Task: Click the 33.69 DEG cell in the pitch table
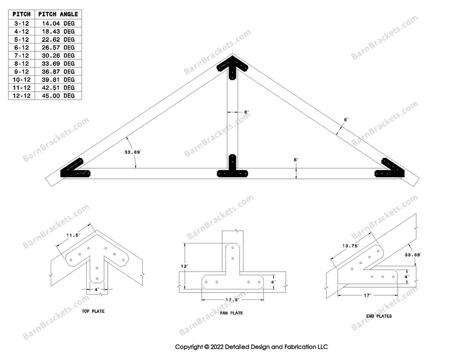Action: click(58, 63)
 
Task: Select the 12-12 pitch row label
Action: click(22, 96)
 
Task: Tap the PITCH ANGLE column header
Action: click(58, 14)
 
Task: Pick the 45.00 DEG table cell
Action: click(58, 96)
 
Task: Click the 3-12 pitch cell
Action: click(22, 23)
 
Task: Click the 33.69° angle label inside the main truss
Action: click(133, 152)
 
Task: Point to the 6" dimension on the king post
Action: click(246, 112)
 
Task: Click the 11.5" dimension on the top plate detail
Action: click(73, 235)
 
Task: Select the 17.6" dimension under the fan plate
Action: click(232, 299)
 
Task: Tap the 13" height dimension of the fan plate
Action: click(185, 266)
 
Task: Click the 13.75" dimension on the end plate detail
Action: click(351, 246)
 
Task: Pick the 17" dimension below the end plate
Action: click(368, 295)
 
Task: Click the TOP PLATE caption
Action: click(93, 311)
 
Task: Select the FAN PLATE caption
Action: click(231, 313)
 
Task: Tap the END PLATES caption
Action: click(379, 316)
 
